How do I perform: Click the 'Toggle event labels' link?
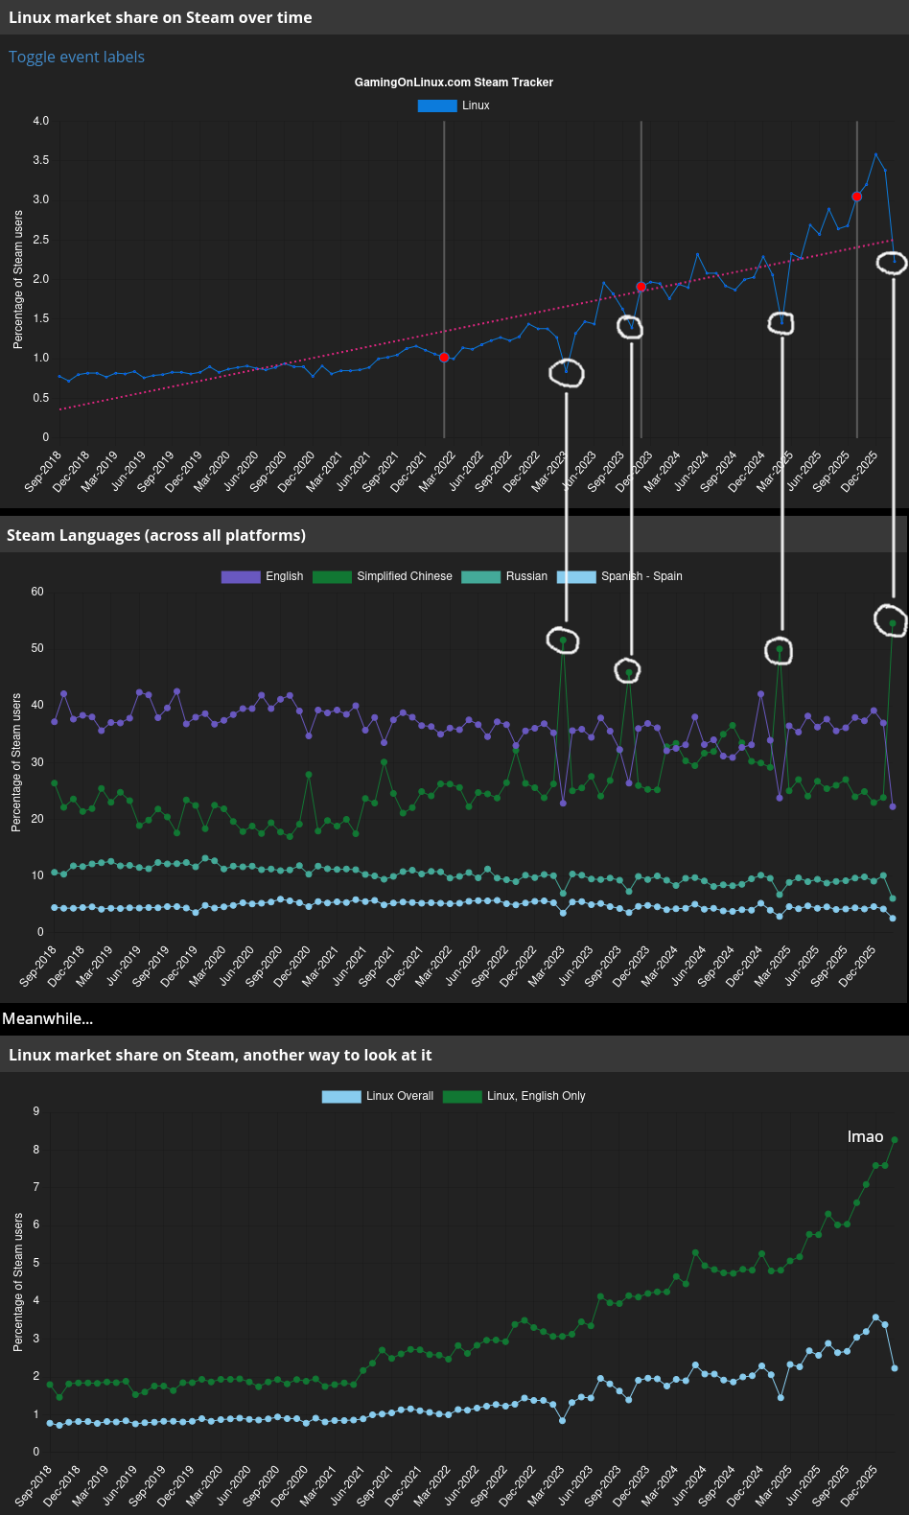77,57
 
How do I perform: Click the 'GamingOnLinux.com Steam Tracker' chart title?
454,82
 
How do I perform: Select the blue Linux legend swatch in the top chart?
436,105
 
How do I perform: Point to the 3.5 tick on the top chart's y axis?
40,160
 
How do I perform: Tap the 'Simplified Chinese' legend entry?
404,576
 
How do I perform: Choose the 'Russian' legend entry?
526,576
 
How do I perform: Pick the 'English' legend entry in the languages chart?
284,576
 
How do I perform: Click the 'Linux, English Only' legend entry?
536,1096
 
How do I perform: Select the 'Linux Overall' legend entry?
399,1096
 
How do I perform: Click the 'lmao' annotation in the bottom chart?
865,1136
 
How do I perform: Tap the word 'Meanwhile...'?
48,1018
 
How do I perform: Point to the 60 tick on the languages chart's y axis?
37,592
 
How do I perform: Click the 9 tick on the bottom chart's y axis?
36,1111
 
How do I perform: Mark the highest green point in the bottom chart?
895,1140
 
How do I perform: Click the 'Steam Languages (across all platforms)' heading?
156,535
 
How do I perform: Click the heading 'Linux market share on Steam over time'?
160,17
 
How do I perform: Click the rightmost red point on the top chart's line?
856,197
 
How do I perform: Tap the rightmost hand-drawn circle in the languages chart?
892,620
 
